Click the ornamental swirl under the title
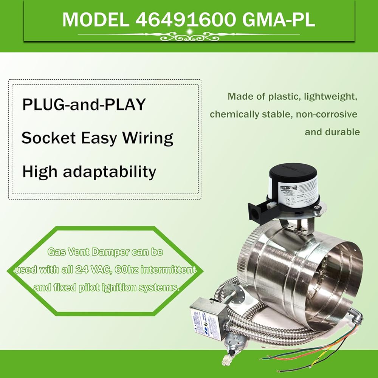pos(189,37)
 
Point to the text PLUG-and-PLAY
pos(84,105)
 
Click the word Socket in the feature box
pos(48,138)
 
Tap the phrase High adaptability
pos(89,172)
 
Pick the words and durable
pos(332,132)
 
